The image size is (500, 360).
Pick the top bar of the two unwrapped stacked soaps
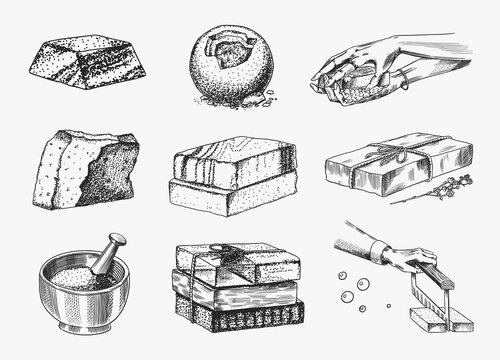[233, 162]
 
